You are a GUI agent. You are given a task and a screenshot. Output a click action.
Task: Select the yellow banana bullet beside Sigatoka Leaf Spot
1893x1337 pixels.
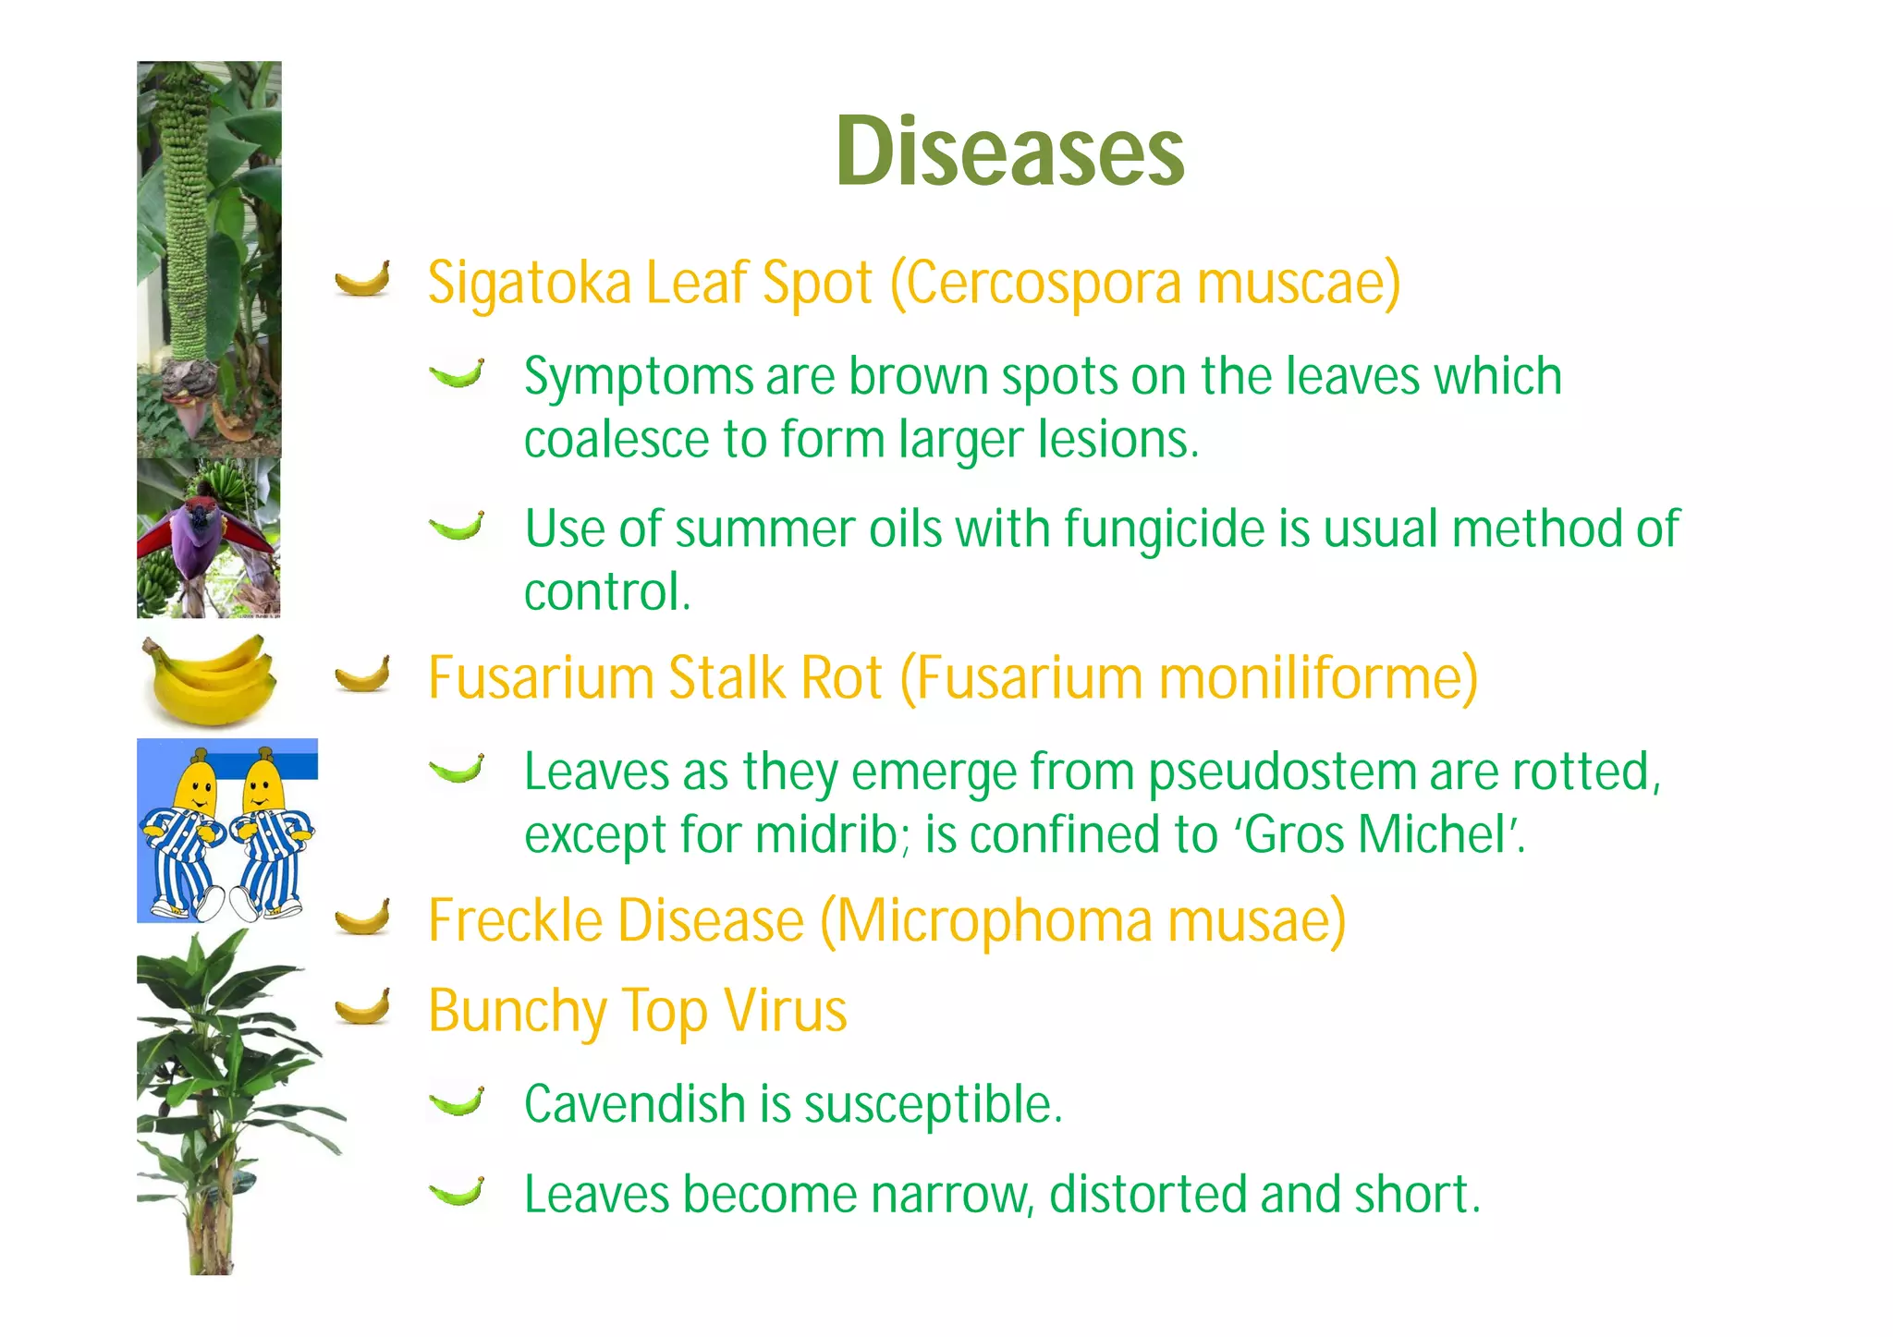(362, 278)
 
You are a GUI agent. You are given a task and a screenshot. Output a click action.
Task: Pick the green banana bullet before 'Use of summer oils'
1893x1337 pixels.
(457, 527)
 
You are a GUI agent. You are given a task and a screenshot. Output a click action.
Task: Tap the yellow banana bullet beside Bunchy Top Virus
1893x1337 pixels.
(362, 1006)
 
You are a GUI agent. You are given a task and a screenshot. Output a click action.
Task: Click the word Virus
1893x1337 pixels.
(785, 1010)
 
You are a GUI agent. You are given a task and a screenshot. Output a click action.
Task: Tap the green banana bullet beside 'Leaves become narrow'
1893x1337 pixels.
(457, 1192)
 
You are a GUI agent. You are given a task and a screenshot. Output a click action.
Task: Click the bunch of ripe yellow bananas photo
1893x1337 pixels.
(209, 680)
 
